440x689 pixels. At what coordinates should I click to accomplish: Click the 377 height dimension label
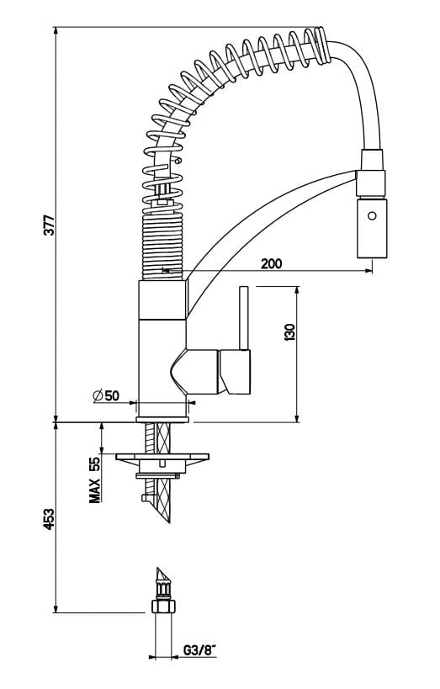click(49, 225)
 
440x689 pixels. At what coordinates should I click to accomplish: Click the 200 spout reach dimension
click(272, 262)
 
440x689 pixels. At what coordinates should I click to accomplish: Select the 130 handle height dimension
click(290, 332)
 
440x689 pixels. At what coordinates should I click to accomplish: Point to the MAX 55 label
click(95, 480)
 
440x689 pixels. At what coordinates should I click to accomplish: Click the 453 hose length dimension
click(49, 519)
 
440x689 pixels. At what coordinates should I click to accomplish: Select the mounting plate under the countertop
click(163, 459)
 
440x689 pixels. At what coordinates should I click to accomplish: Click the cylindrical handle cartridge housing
click(235, 373)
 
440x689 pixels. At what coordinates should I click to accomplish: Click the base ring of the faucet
click(162, 412)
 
